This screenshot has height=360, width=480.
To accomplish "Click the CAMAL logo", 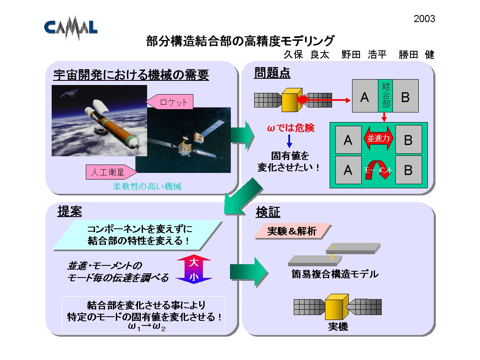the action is point(71,27).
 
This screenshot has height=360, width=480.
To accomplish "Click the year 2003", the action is point(424,19).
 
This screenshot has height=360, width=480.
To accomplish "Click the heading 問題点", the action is point(272,73).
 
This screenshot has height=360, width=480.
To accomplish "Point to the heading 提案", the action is point(70,211).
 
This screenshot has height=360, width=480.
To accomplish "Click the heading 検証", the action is point(268,212).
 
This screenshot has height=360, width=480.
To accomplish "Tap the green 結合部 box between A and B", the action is point(385,96).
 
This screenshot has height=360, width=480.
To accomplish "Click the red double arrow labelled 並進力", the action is point(378,138).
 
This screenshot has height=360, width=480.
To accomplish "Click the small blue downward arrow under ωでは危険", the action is point(289,141).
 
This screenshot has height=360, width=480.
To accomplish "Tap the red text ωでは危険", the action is point(290,127).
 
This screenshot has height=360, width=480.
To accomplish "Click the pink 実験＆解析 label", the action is point(293,231).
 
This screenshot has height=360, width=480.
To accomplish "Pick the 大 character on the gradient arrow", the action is point(194,262).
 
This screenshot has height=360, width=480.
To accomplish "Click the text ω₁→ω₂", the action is point(147,327).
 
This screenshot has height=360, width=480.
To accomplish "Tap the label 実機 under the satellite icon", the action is point(338,327).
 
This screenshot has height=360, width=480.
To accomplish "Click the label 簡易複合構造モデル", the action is point(335,274).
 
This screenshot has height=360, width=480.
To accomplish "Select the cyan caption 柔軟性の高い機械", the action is point(147,186).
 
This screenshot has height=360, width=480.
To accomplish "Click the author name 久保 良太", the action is point(306,55).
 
